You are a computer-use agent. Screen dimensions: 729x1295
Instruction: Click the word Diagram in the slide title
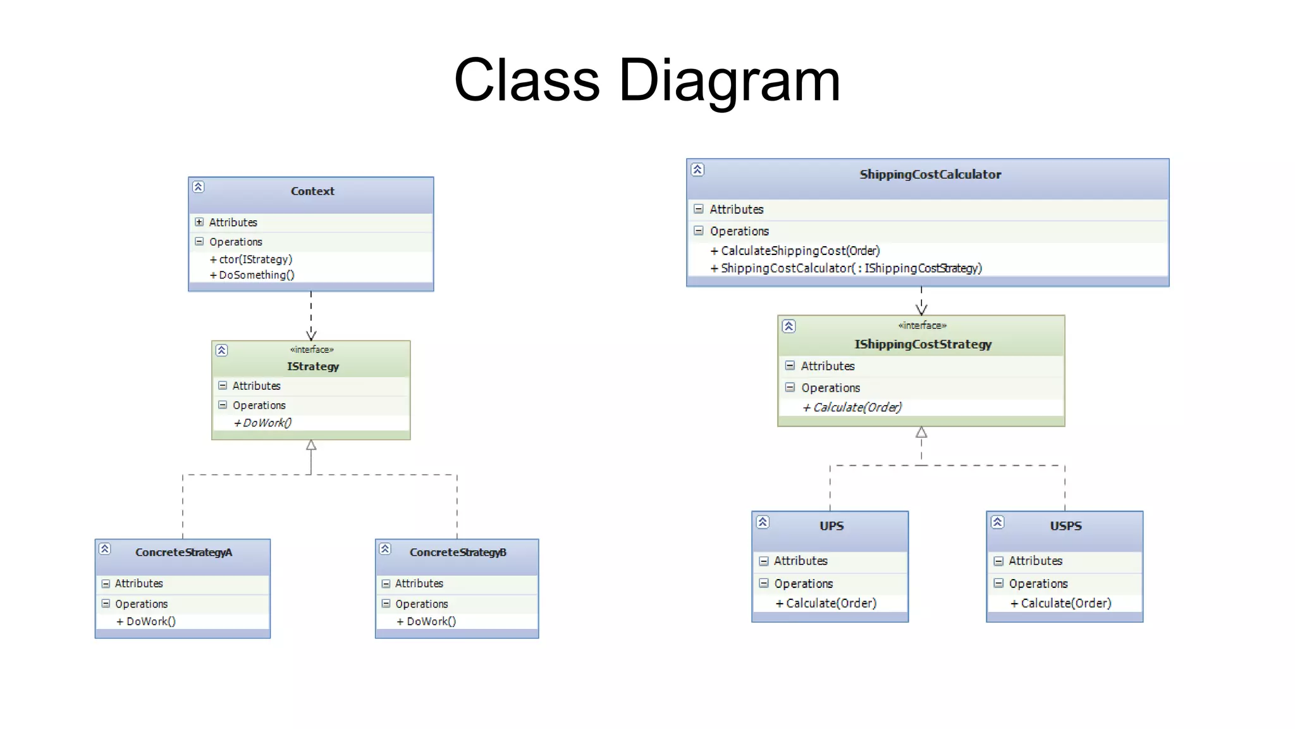729,81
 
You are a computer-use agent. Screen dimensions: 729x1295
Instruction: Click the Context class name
312,191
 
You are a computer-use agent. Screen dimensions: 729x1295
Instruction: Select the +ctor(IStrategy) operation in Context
251,259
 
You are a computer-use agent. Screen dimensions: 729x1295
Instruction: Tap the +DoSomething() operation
252,275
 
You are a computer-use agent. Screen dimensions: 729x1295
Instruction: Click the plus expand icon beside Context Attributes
199,222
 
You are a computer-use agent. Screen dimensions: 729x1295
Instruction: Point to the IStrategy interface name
313,366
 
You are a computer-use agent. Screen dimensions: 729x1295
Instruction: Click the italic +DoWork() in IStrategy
263,423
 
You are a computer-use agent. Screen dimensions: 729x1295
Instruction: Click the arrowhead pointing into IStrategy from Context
311,334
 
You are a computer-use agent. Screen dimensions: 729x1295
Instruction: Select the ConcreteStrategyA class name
183,552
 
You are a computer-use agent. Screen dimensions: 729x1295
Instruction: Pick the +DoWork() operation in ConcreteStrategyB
426,621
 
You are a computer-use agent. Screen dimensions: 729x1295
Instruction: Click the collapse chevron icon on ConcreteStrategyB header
385,549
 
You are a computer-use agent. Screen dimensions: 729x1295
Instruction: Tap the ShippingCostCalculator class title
930,175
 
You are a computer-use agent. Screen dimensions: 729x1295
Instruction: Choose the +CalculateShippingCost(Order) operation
795,251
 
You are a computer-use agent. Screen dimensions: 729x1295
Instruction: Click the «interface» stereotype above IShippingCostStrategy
922,326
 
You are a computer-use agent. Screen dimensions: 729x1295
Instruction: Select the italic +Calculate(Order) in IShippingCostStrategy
852,408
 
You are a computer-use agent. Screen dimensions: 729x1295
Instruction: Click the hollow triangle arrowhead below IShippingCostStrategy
921,433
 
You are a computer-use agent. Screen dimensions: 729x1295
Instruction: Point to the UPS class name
832,526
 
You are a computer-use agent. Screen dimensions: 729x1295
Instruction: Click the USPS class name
1065,526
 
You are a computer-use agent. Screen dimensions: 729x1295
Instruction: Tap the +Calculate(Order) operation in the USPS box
1061,604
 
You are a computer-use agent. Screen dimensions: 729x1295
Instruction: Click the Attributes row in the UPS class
801,561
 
